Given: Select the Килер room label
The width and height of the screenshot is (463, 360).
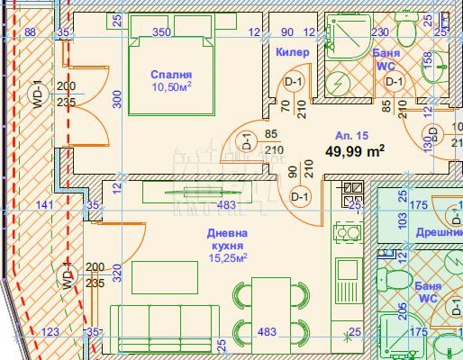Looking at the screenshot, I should pos(292,52).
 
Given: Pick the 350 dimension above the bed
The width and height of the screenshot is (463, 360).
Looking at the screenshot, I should pos(161,31).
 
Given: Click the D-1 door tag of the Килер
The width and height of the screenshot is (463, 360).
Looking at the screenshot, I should pos(292,83).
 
